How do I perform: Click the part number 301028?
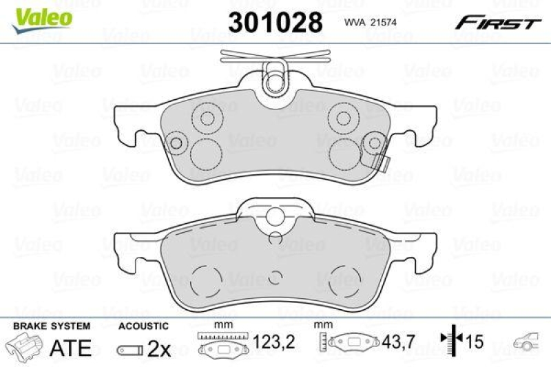(x=275, y=23)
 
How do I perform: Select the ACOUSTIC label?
(x=143, y=326)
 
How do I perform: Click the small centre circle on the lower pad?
(x=275, y=277)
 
